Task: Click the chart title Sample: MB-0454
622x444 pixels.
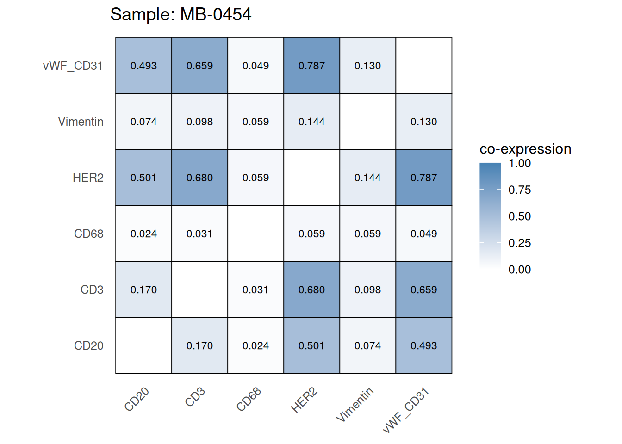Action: tap(180, 14)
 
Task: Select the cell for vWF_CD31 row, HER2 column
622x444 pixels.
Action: tap(311, 66)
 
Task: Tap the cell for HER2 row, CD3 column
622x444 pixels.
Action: tap(199, 178)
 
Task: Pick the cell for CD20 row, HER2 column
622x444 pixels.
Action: tap(311, 345)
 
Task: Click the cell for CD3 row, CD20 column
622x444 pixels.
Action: tap(143, 290)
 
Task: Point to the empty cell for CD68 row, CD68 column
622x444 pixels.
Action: tap(255, 234)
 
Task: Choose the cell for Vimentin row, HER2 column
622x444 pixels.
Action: tap(311, 122)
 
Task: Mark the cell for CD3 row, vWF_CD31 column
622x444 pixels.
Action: tap(423, 290)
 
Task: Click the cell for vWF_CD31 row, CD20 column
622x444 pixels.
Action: tap(143, 66)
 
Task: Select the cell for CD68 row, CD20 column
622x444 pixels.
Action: tap(143, 234)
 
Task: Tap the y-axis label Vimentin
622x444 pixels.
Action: tap(81, 122)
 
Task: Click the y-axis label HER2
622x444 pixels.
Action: tap(88, 178)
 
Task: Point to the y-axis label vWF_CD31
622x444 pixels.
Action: tap(73, 66)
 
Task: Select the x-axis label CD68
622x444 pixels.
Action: tap(249, 399)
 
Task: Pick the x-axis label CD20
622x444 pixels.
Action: tap(137, 399)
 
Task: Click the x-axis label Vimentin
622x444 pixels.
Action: tap(355, 405)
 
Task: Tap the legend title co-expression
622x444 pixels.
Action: tap(525, 149)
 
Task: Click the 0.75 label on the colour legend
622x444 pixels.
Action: tap(519, 190)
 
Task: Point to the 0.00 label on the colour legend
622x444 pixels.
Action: tap(519, 270)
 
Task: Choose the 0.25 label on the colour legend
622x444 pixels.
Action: tap(519, 243)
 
